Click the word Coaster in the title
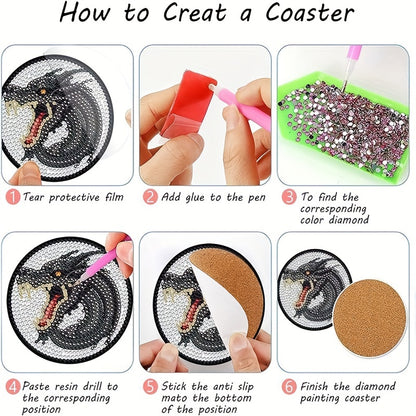(x=309, y=13)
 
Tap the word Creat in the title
(x=194, y=13)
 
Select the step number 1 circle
(x=13, y=197)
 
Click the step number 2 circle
(x=151, y=197)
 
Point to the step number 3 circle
(x=289, y=197)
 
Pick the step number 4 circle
(x=13, y=387)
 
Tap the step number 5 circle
(x=151, y=387)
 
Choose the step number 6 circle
(x=289, y=387)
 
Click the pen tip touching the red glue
(x=212, y=87)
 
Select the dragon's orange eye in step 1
(x=43, y=91)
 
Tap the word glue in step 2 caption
(x=195, y=198)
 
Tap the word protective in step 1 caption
(x=74, y=198)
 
